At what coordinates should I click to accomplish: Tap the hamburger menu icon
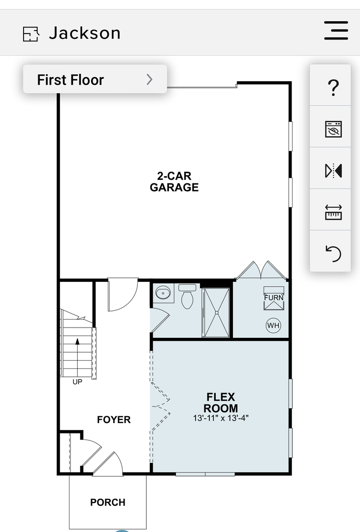point(336,31)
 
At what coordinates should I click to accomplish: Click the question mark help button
point(333,88)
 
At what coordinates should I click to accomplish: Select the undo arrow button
point(333,254)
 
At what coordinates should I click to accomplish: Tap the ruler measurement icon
point(333,212)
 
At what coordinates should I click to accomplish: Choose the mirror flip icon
point(333,170)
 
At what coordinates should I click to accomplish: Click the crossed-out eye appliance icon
point(333,129)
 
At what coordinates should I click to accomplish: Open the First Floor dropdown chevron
point(149,79)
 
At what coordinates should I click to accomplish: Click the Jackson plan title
point(85,33)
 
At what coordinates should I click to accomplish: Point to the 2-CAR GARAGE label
point(174,181)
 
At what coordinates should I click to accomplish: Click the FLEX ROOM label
point(221,402)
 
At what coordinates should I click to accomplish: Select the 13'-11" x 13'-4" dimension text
point(221,418)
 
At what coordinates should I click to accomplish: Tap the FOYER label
point(114,420)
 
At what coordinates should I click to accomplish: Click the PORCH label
point(108,502)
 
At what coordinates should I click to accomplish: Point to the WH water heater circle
point(273,326)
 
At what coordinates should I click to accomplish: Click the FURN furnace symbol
point(273,298)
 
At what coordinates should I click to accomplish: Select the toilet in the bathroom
point(187,296)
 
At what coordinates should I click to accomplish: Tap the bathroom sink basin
point(163,293)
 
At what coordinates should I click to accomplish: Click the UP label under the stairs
point(77,382)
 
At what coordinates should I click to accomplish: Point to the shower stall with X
point(217,312)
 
